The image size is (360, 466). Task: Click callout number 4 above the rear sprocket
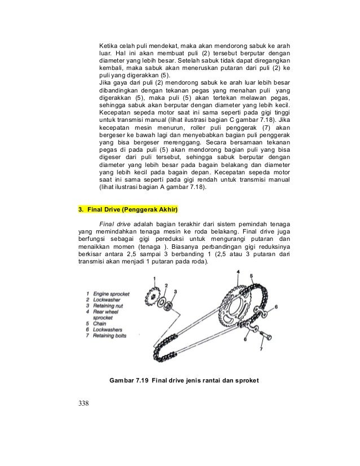click(238, 272)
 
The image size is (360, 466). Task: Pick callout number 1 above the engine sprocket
click(155, 278)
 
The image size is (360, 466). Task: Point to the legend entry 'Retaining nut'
click(108, 306)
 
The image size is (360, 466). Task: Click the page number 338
click(85, 403)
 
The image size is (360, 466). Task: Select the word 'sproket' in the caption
click(246, 380)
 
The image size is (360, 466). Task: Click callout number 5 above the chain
click(251, 276)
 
